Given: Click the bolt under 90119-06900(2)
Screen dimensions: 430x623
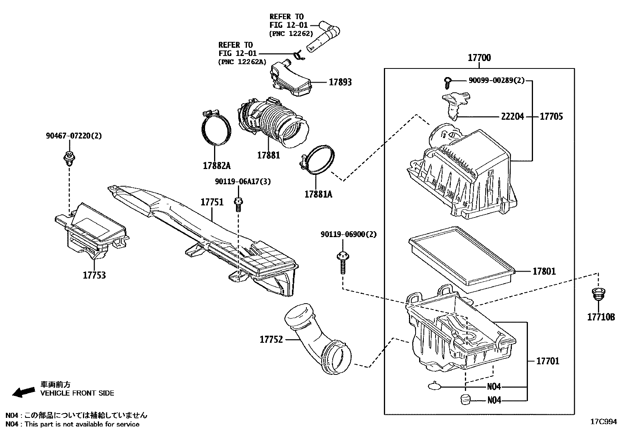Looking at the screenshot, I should point(342,262).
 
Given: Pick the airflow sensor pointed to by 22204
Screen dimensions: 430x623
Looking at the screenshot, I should point(455,104).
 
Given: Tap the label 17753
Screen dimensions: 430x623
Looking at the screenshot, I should point(94,275).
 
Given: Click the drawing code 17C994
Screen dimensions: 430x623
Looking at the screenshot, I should point(603,422).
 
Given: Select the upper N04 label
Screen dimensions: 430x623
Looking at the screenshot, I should point(493,387).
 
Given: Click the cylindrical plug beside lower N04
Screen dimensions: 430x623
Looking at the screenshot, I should point(465,400).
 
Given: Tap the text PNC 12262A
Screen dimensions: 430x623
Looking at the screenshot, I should point(241,62).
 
